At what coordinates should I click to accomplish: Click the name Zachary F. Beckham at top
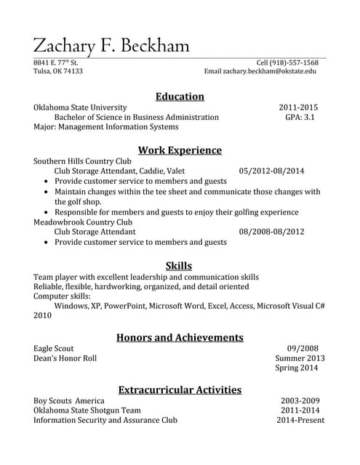point(111,46)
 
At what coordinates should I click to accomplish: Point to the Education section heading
point(180,96)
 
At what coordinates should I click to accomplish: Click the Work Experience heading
point(180,150)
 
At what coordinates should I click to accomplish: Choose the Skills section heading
point(179,265)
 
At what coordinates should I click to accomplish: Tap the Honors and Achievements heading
point(180,337)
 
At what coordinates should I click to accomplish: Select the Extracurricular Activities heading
point(180,389)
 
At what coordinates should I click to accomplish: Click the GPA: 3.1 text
point(300,117)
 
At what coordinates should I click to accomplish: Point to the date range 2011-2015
point(298,107)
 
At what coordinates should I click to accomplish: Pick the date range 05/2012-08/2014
point(271,171)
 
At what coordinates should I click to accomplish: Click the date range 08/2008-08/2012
point(271,232)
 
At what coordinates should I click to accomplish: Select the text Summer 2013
point(300,358)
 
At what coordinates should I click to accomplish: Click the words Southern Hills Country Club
point(82,161)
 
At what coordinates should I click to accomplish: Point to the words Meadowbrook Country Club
point(83,222)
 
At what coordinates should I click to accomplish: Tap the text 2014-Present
point(300,420)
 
